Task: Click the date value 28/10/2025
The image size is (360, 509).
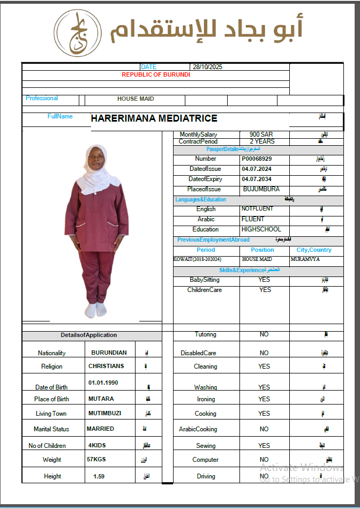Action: (x=207, y=67)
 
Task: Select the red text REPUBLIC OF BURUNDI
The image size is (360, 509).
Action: (x=156, y=74)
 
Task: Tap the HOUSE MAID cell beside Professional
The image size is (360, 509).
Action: (x=136, y=99)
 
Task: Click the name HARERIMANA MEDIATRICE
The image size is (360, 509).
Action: (x=154, y=119)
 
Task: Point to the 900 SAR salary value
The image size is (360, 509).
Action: (x=261, y=134)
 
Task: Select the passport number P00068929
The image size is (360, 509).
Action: (x=257, y=159)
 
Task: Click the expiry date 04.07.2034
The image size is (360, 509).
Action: (x=257, y=179)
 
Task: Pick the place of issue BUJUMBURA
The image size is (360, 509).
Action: (x=261, y=189)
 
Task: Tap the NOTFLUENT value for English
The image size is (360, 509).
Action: (x=257, y=208)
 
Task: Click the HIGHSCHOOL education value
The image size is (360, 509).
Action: (x=261, y=229)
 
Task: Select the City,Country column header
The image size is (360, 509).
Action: (x=314, y=250)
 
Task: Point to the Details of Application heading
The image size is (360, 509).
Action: (x=88, y=335)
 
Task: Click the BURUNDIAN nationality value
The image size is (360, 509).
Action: (x=109, y=353)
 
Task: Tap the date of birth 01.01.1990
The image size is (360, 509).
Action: (x=103, y=383)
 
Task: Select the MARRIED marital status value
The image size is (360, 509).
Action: (x=100, y=429)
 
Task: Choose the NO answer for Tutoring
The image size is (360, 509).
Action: (x=264, y=334)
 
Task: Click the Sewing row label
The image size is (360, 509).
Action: (x=206, y=446)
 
